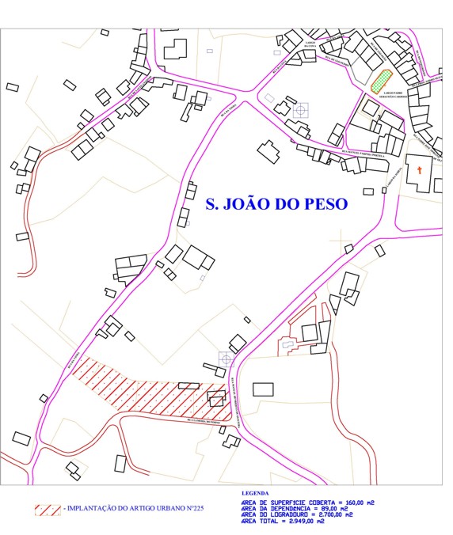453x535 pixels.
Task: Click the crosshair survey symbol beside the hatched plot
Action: coord(226,360)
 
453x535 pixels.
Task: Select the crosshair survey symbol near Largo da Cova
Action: coord(300,110)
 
